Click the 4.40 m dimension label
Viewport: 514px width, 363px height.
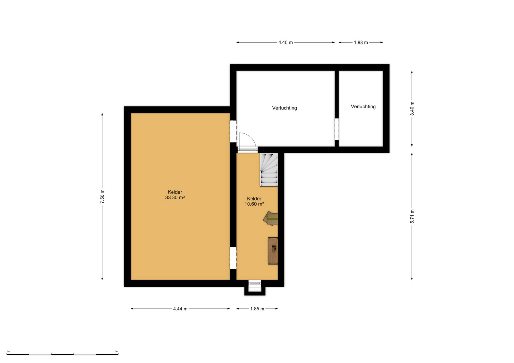[x=285, y=42]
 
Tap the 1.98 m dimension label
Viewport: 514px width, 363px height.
[x=361, y=42]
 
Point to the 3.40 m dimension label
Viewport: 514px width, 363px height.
[x=412, y=109]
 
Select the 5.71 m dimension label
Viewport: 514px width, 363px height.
[x=412, y=216]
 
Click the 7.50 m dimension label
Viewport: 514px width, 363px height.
[x=102, y=197]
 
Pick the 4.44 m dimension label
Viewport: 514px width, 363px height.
[x=180, y=309]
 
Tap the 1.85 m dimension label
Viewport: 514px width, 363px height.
[x=257, y=309]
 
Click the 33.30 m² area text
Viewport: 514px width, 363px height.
[x=175, y=198]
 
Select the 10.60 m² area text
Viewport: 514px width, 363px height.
[x=254, y=204]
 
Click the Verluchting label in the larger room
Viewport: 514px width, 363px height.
[x=285, y=108]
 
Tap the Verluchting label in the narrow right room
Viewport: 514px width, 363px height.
[x=363, y=106]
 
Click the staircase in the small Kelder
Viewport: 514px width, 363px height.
[x=269, y=169]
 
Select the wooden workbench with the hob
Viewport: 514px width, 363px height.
[x=273, y=251]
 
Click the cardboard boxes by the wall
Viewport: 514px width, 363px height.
[x=271, y=218]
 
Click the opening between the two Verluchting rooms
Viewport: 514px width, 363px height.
[x=337, y=129]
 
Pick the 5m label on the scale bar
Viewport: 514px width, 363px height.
[x=117, y=351]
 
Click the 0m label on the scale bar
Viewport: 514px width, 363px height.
[x=8, y=351]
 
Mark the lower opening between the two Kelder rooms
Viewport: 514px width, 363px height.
[x=233, y=258]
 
